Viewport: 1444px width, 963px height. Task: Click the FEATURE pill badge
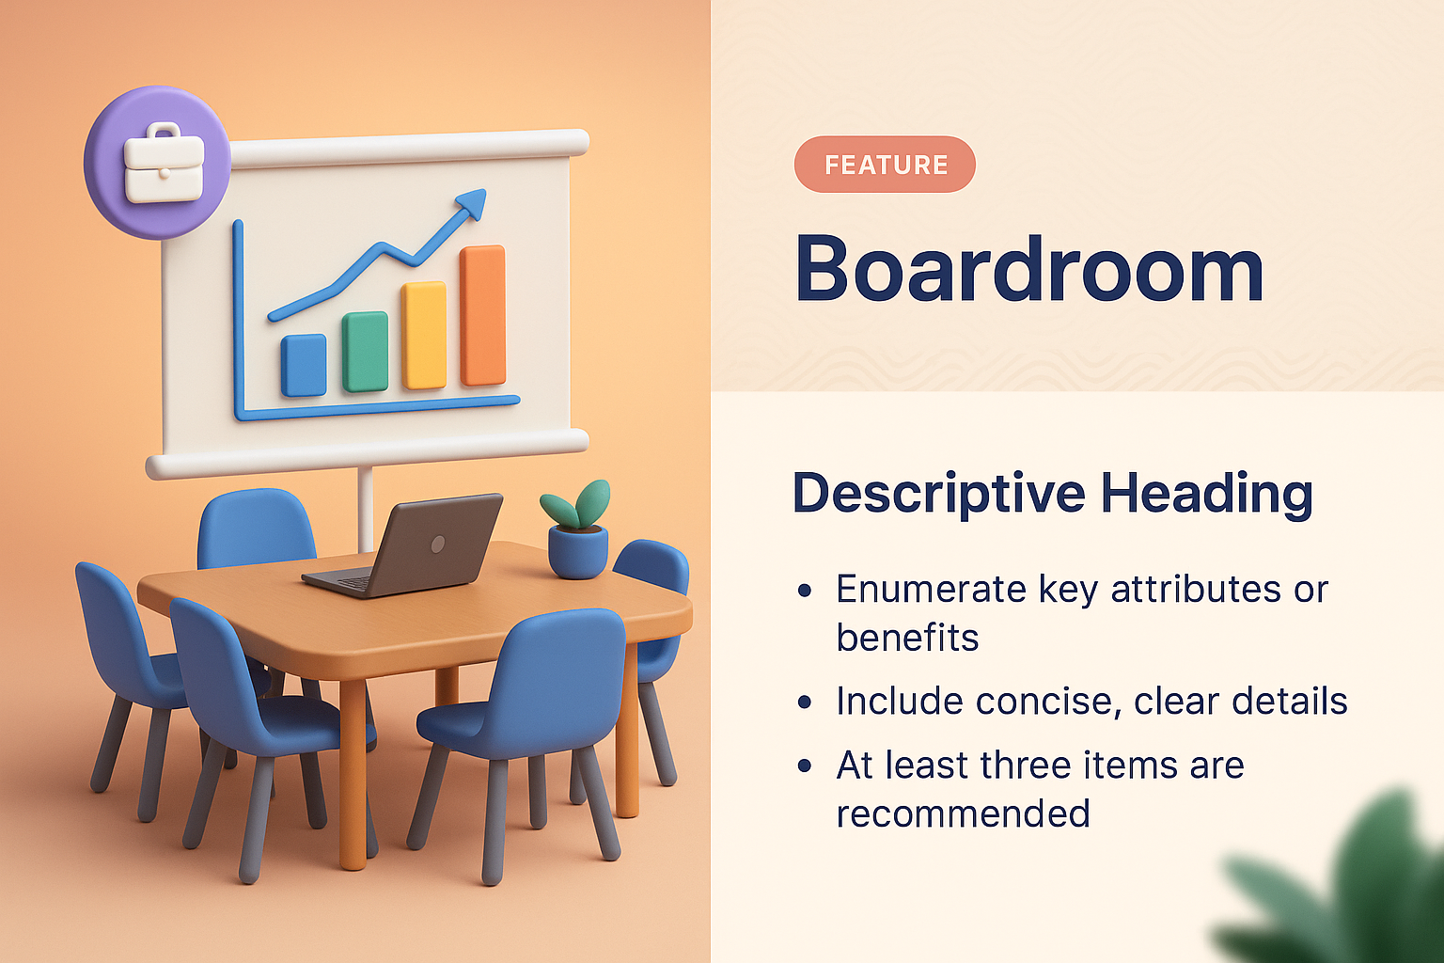pos(885,165)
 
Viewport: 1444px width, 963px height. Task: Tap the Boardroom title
pos(1028,269)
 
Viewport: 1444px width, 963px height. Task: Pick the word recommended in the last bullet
pos(963,813)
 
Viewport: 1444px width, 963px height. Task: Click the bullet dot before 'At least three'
pos(805,766)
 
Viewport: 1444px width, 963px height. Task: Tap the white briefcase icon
pos(164,164)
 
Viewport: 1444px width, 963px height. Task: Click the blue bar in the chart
pos(304,365)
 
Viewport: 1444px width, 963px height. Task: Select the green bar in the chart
pos(365,352)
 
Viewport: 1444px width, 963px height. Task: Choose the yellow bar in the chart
pos(424,335)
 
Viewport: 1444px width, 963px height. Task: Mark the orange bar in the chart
pos(483,316)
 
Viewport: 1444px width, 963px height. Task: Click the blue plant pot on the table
pos(577,553)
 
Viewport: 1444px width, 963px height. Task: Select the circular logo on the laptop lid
pos(437,544)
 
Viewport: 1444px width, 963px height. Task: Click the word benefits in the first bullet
pos(907,639)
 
